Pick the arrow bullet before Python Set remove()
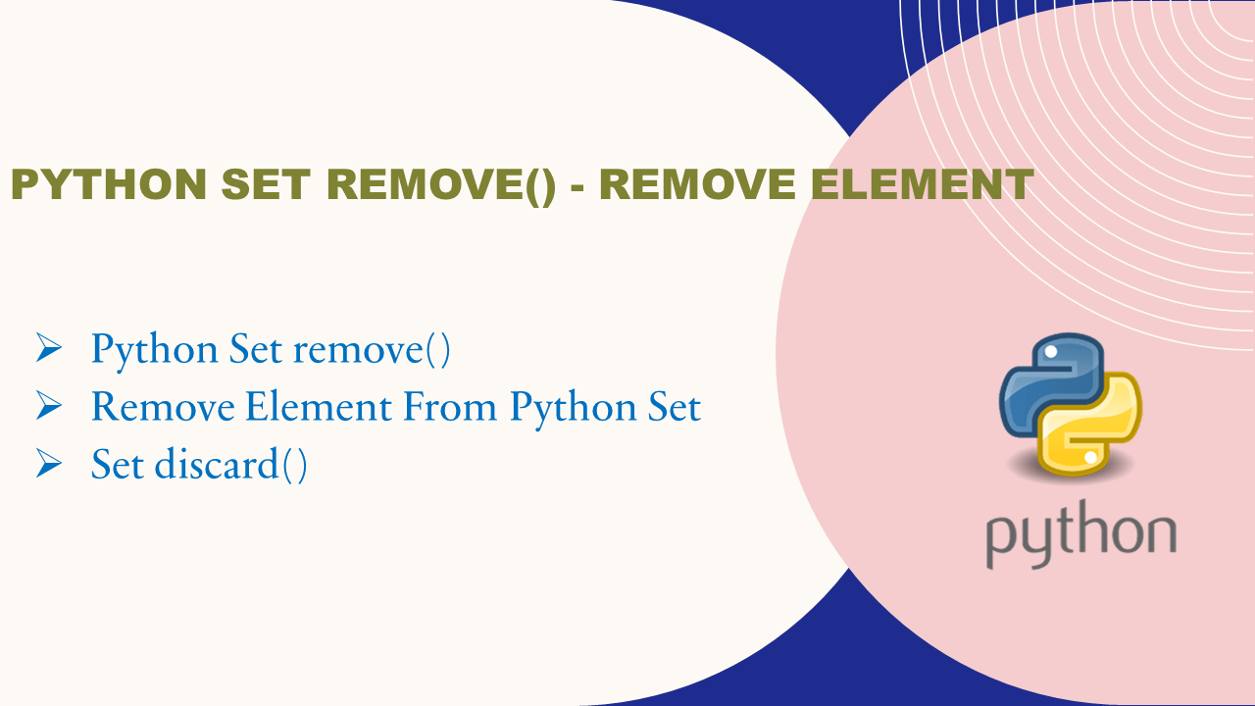[49, 348]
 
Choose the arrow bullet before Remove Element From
[49, 405]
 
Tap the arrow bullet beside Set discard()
[49, 463]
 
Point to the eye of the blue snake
[1048, 350]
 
